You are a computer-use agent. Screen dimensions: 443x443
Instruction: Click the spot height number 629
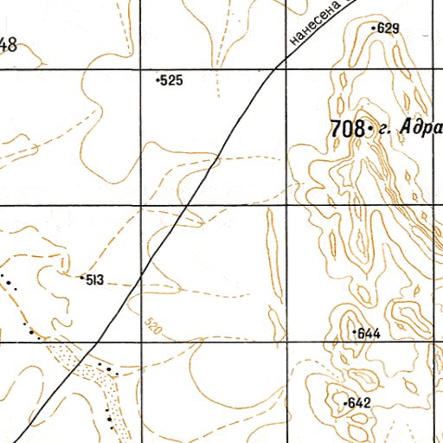click(x=389, y=29)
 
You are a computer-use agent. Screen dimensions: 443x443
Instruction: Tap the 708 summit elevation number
click(x=346, y=129)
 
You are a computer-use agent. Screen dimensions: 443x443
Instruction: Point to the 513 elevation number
click(x=93, y=279)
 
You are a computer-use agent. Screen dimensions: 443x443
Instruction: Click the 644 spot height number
click(x=369, y=333)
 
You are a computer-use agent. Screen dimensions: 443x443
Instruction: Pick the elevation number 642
click(x=359, y=403)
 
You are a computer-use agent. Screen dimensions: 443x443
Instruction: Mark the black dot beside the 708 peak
click(x=369, y=129)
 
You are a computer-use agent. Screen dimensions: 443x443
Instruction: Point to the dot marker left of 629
click(x=374, y=29)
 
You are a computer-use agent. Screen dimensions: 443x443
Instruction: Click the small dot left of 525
click(x=157, y=80)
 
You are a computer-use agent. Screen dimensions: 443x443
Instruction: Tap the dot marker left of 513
click(x=80, y=279)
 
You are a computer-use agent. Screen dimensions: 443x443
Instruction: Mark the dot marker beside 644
click(x=353, y=332)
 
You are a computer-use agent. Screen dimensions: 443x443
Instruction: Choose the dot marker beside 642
click(x=344, y=403)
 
